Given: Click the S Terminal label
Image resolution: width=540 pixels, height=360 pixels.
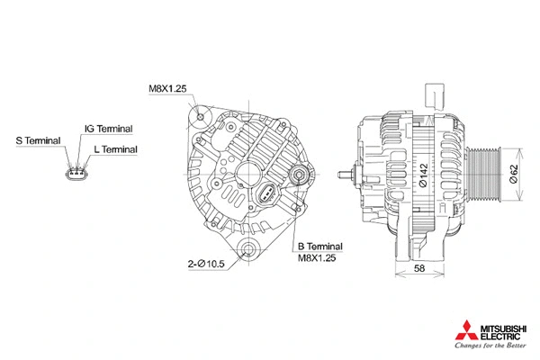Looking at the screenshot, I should click(x=38, y=141).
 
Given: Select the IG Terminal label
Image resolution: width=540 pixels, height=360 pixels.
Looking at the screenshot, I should click(x=108, y=129).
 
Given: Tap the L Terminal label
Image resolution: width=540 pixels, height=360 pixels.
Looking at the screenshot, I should click(x=115, y=148).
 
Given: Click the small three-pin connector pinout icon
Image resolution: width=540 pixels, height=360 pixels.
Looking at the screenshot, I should click(x=78, y=171).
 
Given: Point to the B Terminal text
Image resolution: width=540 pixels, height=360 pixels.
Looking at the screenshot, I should click(x=319, y=245).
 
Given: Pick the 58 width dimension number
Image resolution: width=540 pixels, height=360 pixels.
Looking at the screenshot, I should click(x=420, y=269).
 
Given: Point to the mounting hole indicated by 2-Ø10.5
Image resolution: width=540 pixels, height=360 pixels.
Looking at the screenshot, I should click(x=249, y=249).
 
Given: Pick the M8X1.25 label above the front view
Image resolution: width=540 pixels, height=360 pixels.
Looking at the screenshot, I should click(x=167, y=88).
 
